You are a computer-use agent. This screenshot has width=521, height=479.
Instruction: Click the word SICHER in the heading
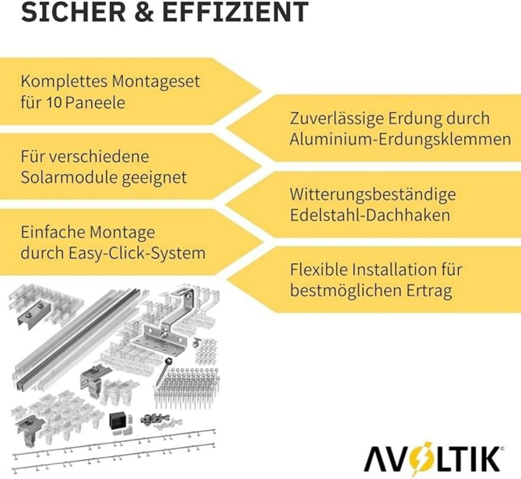73,12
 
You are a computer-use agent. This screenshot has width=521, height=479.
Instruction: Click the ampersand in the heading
144,12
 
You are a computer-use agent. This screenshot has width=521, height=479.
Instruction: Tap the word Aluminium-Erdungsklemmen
400,139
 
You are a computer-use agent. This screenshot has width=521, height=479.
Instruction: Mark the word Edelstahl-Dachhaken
370,215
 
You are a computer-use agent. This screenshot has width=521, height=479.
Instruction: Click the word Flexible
318,270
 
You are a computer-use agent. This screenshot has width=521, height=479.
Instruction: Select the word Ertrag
429,291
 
